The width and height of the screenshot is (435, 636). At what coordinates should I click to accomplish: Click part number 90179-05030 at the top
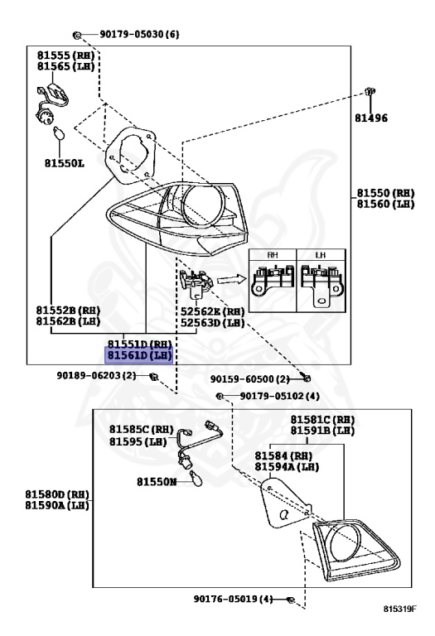click(138, 35)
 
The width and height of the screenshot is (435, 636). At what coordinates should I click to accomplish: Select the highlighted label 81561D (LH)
click(138, 355)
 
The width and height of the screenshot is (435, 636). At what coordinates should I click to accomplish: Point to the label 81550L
click(65, 163)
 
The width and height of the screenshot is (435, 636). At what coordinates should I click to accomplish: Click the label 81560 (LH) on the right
click(385, 204)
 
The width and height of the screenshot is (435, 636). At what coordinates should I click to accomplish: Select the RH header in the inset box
click(273, 256)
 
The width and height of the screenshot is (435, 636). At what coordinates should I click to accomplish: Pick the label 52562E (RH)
click(213, 312)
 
